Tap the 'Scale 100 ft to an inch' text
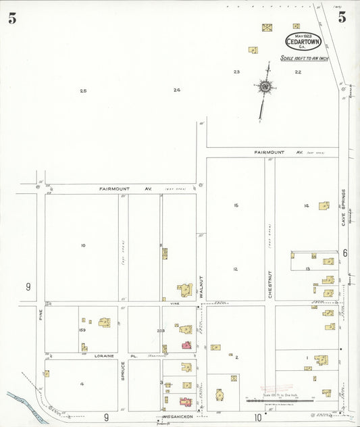[x=302, y=59]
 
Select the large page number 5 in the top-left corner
[x=12, y=18]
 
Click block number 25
[x=83, y=91]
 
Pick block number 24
[x=176, y=90]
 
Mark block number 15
[x=236, y=205]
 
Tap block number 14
[x=306, y=205]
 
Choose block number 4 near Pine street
[x=82, y=384]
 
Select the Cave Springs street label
[x=344, y=207]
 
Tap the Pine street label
[x=41, y=315]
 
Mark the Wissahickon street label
[x=177, y=416]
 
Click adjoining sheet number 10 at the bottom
[x=257, y=418]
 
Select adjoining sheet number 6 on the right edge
[x=344, y=253]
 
